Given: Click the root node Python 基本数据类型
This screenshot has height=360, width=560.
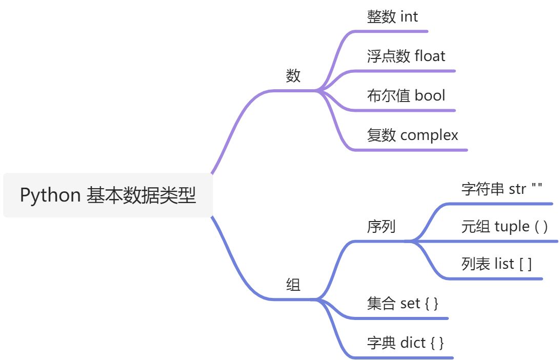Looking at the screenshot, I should [x=108, y=195].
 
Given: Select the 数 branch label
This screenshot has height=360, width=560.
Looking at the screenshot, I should [x=293, y=76].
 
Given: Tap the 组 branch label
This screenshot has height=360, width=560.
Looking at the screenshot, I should [x=293, y=285].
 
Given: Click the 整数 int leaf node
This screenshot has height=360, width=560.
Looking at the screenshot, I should [x=392, y=17].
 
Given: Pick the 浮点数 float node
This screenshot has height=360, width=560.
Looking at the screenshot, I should [x=406, y=56].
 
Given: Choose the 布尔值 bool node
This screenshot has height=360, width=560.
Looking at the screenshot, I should [x=406, y=95].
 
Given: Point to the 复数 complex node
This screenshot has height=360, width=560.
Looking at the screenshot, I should [x=412, y=135].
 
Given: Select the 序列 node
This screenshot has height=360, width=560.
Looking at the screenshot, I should [x=382, y=226].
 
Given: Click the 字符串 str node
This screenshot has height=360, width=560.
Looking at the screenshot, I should [x=502, y=189].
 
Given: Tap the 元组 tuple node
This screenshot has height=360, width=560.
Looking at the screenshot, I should [x=505, y=226].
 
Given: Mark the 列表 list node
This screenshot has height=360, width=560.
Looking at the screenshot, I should [x=496, y=264].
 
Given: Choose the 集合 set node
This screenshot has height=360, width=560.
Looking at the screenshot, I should [x=403, y=303].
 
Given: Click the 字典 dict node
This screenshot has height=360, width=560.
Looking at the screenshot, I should [x=405, y=343].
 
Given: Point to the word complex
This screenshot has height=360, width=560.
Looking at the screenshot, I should [x=429, y=135].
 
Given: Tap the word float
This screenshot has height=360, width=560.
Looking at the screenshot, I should [x=430, y=56].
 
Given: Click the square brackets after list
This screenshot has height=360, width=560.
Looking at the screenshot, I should [x=525, y=265].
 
